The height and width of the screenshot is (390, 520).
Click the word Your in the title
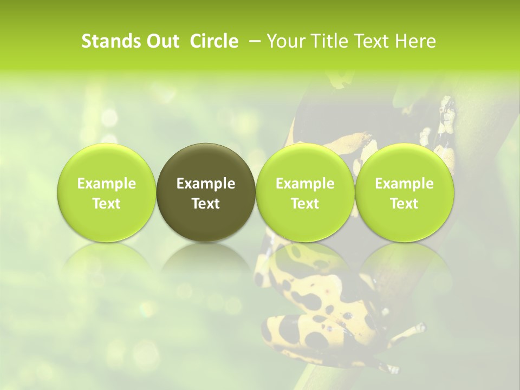click(285, 41)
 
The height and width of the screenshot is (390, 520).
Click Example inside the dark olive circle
click(206, 184)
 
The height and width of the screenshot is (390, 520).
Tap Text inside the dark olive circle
click(206, 204)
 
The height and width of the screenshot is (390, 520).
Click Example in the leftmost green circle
click(107, 184)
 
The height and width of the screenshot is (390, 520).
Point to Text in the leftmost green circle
click(107, 204)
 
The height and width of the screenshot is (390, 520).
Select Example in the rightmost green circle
click(404, 184)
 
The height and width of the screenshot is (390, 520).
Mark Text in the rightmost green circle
click(404, 204)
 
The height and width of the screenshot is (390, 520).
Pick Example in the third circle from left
click(305, 184)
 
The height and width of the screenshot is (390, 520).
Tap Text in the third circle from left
click(305, 204)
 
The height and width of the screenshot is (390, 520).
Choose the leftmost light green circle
click(107, 162)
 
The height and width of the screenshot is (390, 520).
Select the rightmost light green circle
click(404, 162)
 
